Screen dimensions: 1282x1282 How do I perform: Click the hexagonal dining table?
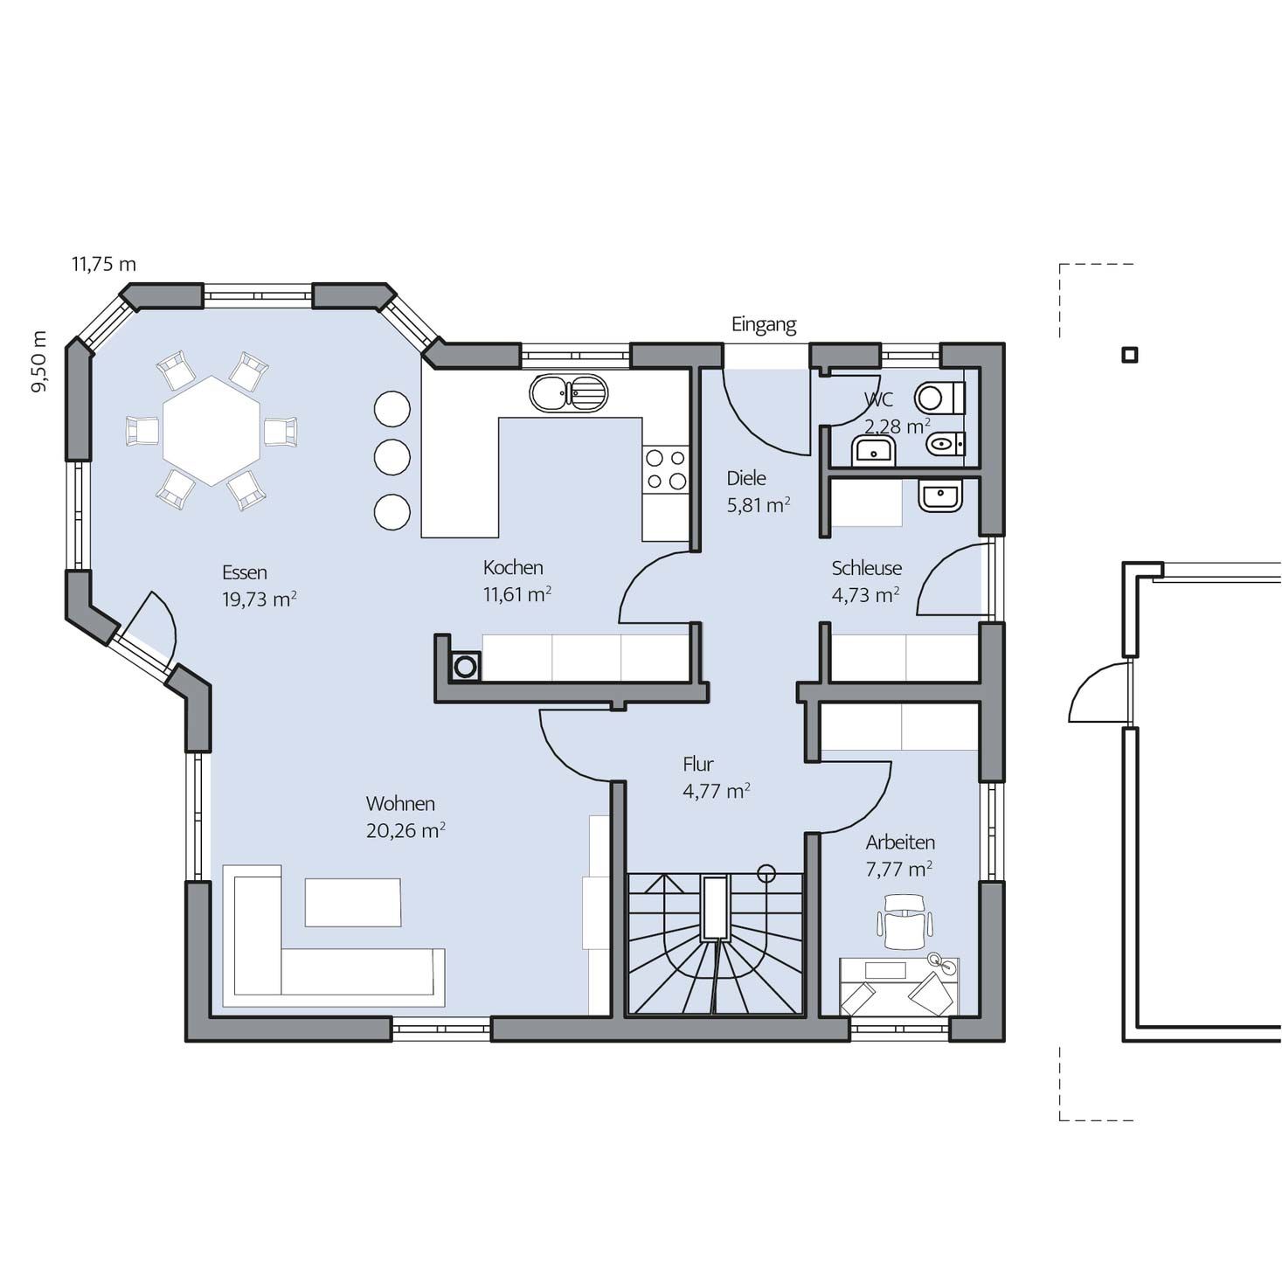pyautogui.click(x=211, y=431)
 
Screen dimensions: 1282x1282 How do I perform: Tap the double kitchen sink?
pyautogui.click(x=569, y=392)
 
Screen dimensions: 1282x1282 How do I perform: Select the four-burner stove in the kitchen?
pyautogui.click(x=666, y=469)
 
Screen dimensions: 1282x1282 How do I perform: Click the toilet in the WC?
pyautogui.click(x=939, y=398)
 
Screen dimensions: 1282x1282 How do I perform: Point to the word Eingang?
pyautogui.click(x=764, y=325)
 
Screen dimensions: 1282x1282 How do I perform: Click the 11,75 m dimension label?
pyautogui.click(x=104, y=264)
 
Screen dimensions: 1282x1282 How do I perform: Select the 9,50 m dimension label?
pyautogui.click(x=40, y=361)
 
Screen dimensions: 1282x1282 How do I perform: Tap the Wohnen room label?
pyautogui.click(x=400, y=803)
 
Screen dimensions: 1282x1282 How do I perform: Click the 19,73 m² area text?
pyautogui.click(x=259, y=599)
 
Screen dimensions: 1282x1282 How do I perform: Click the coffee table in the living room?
pyautogui.click(x=352, y=902)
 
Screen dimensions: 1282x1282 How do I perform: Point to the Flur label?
pyautogui.click(x=698, y=764)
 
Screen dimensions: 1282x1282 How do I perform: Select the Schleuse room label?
pyautogui.click(x=866, y=568)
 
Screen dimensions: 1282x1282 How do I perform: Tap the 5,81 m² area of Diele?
pyautogui.click(x=759, y=505)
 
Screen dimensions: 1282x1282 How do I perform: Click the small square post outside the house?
pyautogui.click(x=1130, y=355)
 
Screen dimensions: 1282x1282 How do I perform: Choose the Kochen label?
pyautogui.click(x=513, y=567)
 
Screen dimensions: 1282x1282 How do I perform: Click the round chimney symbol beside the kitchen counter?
pyautogui.click(x=466, y=666)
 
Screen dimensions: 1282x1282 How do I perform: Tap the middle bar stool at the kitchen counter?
pyautogui.click(x=392, y=456)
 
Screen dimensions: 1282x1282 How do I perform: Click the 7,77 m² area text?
pyautogui.click(x=898, y=869)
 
